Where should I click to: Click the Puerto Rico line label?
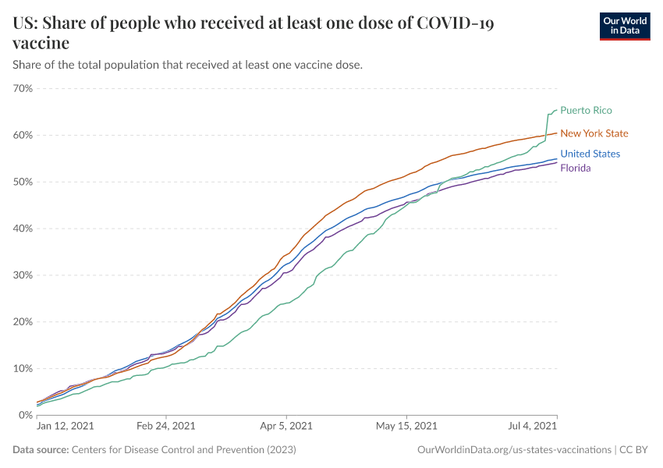[586, 110]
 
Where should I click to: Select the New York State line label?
[594, 133]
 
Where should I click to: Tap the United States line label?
[590, 154]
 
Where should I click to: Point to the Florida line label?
[575, 168]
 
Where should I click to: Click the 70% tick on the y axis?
[23, 88]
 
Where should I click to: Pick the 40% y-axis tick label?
[23, 229]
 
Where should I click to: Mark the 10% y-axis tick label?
[23, 368]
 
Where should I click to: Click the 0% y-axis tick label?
[26, 415]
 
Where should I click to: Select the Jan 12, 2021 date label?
[65, 427]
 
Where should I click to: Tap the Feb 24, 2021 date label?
[166, 427]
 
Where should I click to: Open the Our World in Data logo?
[624, 26]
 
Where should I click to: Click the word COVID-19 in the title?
[456, 23]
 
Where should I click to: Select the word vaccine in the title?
[41, 43]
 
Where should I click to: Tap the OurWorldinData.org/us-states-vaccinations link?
[515, 450]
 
